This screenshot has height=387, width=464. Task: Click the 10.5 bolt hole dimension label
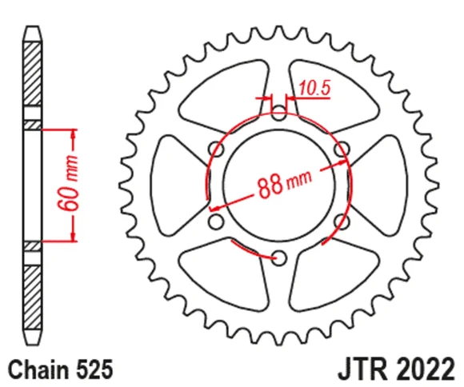tap(314, 88)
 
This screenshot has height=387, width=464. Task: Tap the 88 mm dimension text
tap(285, 185)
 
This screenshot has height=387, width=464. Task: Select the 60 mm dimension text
tap(68, 183)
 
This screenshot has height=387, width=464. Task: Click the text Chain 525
tap(61, 369)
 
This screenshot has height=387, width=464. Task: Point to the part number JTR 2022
tap(397, 369)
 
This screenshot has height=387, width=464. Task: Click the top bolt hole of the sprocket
tap(278, 112)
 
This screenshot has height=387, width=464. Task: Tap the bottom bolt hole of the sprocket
tap(278, 257)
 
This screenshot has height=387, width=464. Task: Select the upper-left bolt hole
tap(216, 149)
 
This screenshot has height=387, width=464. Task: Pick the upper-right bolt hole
tap(342, 149)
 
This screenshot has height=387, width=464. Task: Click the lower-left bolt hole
tap(216, 221)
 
